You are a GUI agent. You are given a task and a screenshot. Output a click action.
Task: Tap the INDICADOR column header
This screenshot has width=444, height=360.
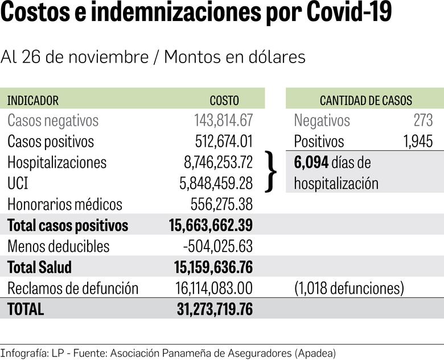32,101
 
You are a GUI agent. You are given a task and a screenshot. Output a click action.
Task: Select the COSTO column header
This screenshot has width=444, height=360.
224,101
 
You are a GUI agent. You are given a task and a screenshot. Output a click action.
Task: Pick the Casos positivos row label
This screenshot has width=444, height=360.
51,142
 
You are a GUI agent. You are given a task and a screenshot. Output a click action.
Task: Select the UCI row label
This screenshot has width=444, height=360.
19,183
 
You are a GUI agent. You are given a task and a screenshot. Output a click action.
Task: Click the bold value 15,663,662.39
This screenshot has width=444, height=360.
211,225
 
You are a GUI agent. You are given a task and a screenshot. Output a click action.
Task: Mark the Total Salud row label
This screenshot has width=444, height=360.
40,267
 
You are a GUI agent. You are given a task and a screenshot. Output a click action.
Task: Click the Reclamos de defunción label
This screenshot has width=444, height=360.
73,288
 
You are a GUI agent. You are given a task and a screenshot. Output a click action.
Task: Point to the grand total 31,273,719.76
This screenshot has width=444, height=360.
215,309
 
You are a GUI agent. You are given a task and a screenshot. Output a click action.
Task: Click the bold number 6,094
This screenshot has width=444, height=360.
311,163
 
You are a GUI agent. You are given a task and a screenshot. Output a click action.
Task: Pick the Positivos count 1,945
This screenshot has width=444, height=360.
418,142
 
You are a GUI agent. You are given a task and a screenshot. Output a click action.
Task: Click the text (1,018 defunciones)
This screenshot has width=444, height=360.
349,288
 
